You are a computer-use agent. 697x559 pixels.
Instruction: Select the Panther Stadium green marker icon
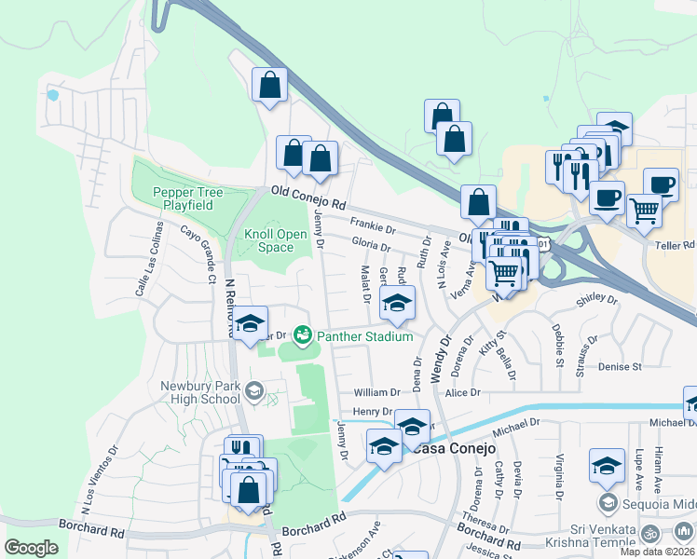point(302,334)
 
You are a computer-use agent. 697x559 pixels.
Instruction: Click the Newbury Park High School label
point(200,392)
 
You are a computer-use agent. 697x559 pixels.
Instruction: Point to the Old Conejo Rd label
point(308,197)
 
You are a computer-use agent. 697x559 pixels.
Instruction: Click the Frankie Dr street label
point(373,225)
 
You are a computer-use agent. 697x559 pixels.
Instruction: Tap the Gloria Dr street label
point(371,245)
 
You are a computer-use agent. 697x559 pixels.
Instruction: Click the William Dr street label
point(376,393)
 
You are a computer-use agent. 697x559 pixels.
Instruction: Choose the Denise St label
point(621,367)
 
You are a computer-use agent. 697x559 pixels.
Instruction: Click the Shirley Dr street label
point(597,300)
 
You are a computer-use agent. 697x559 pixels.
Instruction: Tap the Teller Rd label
point(676,245)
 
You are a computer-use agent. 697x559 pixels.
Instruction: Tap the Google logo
point(31,548)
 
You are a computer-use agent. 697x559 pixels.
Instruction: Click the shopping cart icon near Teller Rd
point(644,211)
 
